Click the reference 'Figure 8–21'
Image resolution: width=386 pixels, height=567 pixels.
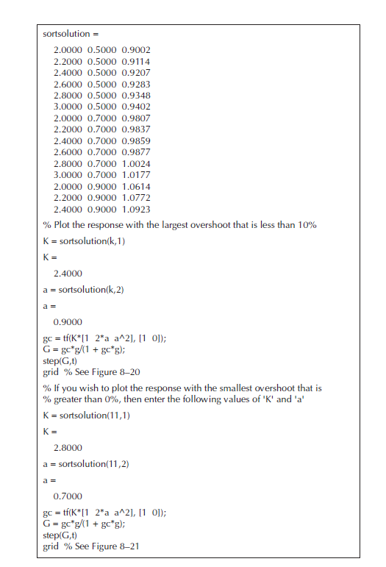pyautogui.click(x=114, y=546)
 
